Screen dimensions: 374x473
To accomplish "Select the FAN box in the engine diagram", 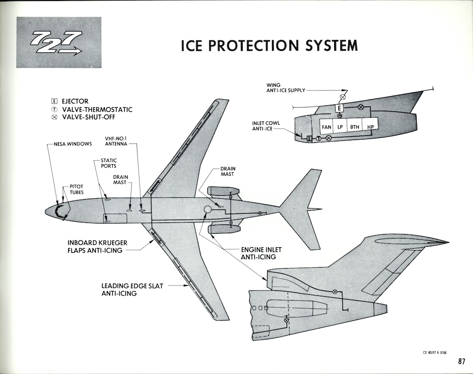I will coord(326,127).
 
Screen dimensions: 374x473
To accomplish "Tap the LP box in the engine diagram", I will coord(340,127).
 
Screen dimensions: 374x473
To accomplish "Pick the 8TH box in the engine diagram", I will coord(355,127).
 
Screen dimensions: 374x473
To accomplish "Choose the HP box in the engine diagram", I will coord(371,127).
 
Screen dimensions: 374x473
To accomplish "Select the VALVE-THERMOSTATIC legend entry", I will coord(92,109).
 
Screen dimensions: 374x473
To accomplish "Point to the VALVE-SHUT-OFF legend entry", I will coord(87,117).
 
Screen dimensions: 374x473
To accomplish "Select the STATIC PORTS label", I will coord(108,163).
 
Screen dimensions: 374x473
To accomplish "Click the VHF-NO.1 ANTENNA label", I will coord(117,141).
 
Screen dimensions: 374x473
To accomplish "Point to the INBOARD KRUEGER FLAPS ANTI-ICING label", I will coord(95,246).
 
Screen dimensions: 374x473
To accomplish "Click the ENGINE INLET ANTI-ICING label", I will coord(261,253).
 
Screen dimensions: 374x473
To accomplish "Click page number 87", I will coord(461,361).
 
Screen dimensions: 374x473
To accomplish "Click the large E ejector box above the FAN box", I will coord(340,108).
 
